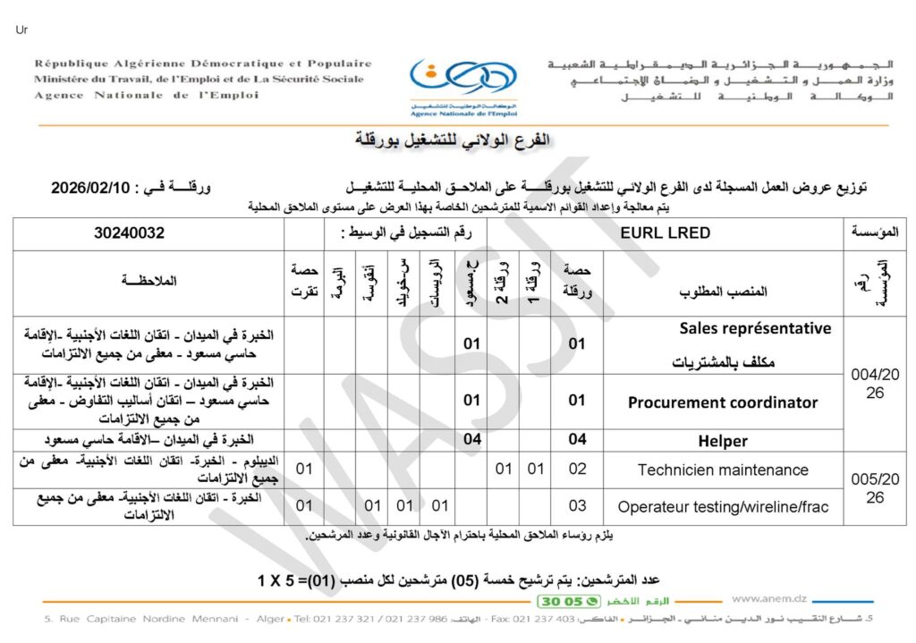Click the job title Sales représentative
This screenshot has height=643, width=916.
pyautogui.click(x=755, y=328)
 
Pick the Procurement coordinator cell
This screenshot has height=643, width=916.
pyautogui.click(x=723, y=402)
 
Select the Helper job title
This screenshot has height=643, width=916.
pyautogui.click(x=722, y=441)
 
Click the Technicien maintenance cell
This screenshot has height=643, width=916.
pyautogui.click(x=723, y=470)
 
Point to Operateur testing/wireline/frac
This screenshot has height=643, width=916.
pyautogui.click(x=723, y=507)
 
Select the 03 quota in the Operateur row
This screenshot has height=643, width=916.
pyautogui.click(x=578, y=507)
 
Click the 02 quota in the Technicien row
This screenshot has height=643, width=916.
pyautogui.click(x=578, y=470)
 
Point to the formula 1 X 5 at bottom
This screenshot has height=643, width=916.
pyautogui.click(x=284, y=581)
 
